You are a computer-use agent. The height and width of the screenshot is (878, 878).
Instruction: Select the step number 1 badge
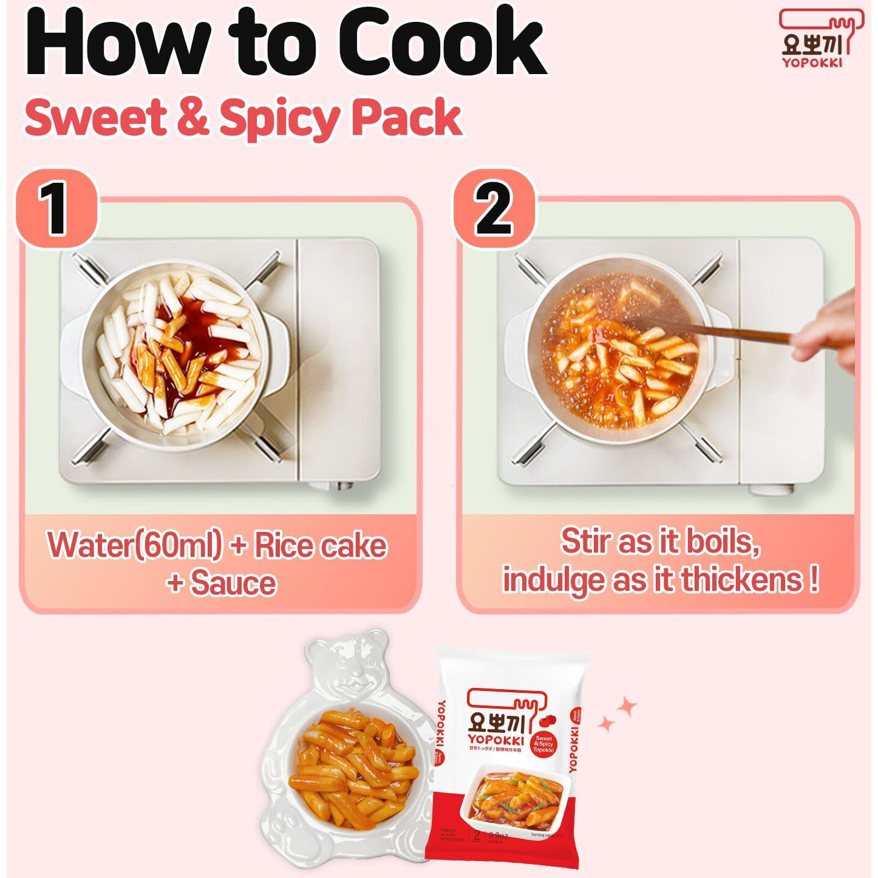pyautogui.click(x=56, y=209)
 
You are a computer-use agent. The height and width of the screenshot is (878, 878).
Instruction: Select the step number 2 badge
pyautogui.click(x=494, y=209)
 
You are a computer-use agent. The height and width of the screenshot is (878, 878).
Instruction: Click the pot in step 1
pyautogui.click(x=176, y=355)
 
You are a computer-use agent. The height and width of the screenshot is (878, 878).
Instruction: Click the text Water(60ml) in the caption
pyautogui.click(x=135, y=545)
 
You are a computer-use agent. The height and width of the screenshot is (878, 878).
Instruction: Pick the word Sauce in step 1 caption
pyautogui.click(x=233, y=584)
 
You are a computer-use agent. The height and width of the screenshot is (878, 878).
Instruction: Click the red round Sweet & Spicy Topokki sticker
pyautogui.click(x=543, y=744)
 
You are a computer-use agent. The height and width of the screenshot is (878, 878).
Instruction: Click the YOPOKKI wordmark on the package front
pyautogui.click(x=496, y=740)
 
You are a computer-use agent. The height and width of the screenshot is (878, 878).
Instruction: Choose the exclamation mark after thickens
pyautogui.click(x=814, y=580)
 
